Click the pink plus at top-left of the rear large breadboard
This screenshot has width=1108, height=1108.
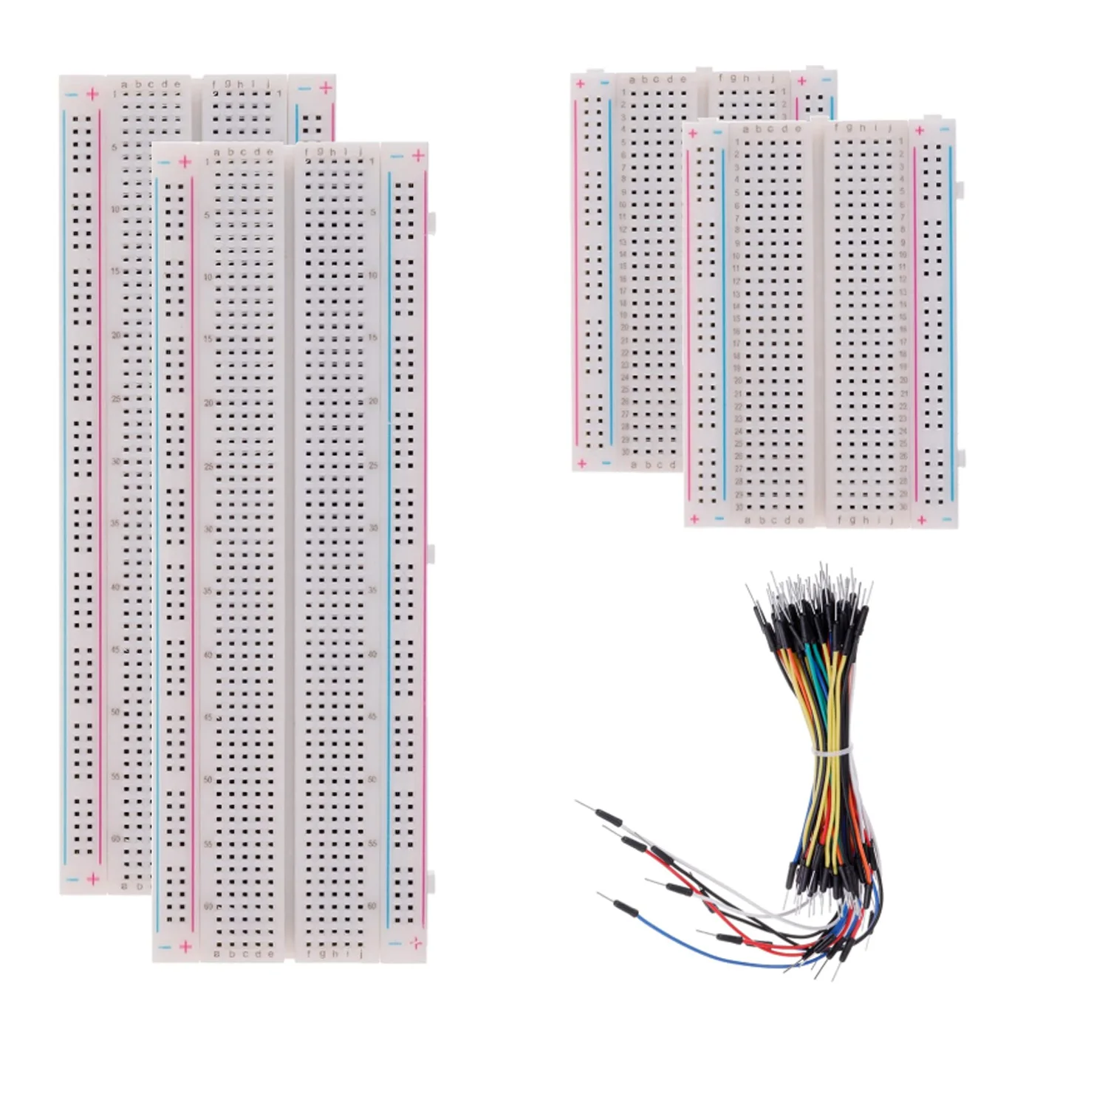click(92, 94)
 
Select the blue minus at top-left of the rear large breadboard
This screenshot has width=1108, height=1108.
click(72, 95)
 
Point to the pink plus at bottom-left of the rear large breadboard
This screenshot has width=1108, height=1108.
click(93, 878)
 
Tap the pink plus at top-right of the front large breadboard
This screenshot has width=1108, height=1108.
click(418, 156)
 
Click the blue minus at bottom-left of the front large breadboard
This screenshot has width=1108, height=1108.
click(165, 946)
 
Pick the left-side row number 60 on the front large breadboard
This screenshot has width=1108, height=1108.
click(208, 906)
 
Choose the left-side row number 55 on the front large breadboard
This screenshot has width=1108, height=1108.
click(208, 843)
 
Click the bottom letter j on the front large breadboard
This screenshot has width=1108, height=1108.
click(360, 954)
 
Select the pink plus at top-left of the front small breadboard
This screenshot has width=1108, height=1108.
click(692, 133)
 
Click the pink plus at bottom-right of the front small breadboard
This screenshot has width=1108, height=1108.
click(921, 520)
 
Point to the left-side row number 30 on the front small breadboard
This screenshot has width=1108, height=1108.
click(738, 507)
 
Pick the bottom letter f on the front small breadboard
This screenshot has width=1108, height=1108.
click(840, 520)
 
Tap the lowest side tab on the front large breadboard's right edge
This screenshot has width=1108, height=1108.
click(431, 880)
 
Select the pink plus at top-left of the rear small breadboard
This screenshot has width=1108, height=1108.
click(581, 83)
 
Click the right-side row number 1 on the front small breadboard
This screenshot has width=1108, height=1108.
click(902, 141)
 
